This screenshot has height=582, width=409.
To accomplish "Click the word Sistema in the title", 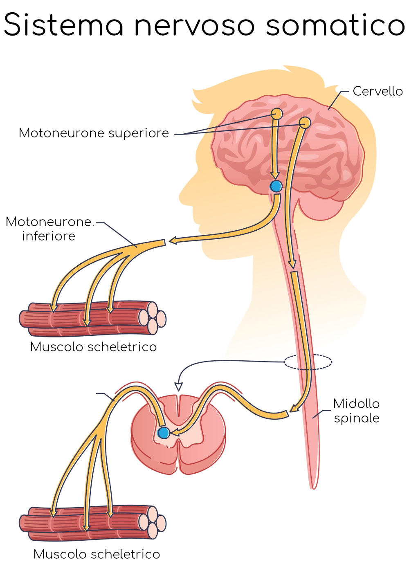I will (x=63, y=25).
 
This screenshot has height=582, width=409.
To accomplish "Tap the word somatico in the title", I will (x=335, y=25).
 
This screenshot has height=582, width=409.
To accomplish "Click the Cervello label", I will (x=378, y=91).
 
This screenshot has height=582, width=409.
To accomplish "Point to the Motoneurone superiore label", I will (x=94, y=133).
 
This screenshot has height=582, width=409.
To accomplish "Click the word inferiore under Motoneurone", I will (x=48, y=236).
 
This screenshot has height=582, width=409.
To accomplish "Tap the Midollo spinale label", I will (x=356, y=411).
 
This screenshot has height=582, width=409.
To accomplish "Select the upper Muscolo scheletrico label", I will (x=93, y=347).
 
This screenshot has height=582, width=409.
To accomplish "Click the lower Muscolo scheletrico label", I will (x=97, y=554).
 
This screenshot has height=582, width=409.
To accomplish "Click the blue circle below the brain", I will (x=276, y=187).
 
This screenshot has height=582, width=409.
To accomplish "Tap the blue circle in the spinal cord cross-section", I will (x=164, y=432).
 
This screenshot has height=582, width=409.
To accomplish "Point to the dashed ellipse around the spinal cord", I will (x=308, y=362).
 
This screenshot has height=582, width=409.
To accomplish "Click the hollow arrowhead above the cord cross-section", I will (x=178, y=387).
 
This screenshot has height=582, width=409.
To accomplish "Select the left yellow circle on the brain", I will (x=276, y=113).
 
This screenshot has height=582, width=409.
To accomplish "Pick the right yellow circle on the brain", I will (x=305, y=122).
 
